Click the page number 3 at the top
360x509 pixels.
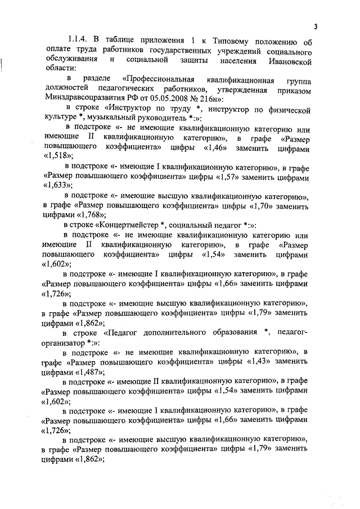coord(316,26)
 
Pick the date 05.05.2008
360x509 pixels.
coord(167,97)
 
